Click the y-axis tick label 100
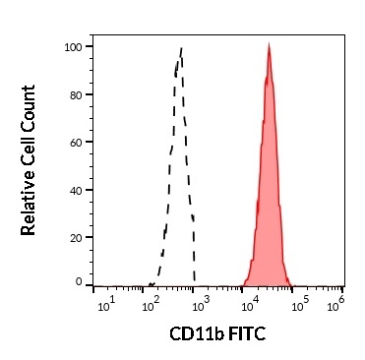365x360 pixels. (x=73, y=46)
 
